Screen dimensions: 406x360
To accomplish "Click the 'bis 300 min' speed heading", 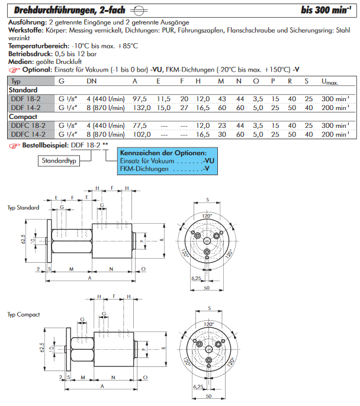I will tap(323, 9).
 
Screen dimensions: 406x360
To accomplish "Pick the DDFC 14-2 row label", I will tap(27, 134).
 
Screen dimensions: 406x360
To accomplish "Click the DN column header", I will tap(92, 81).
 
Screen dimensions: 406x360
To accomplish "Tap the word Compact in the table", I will tap(23, 117).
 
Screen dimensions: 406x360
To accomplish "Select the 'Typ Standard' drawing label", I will tap(24, 208).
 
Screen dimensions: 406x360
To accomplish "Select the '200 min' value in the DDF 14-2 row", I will tap(335, 107).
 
